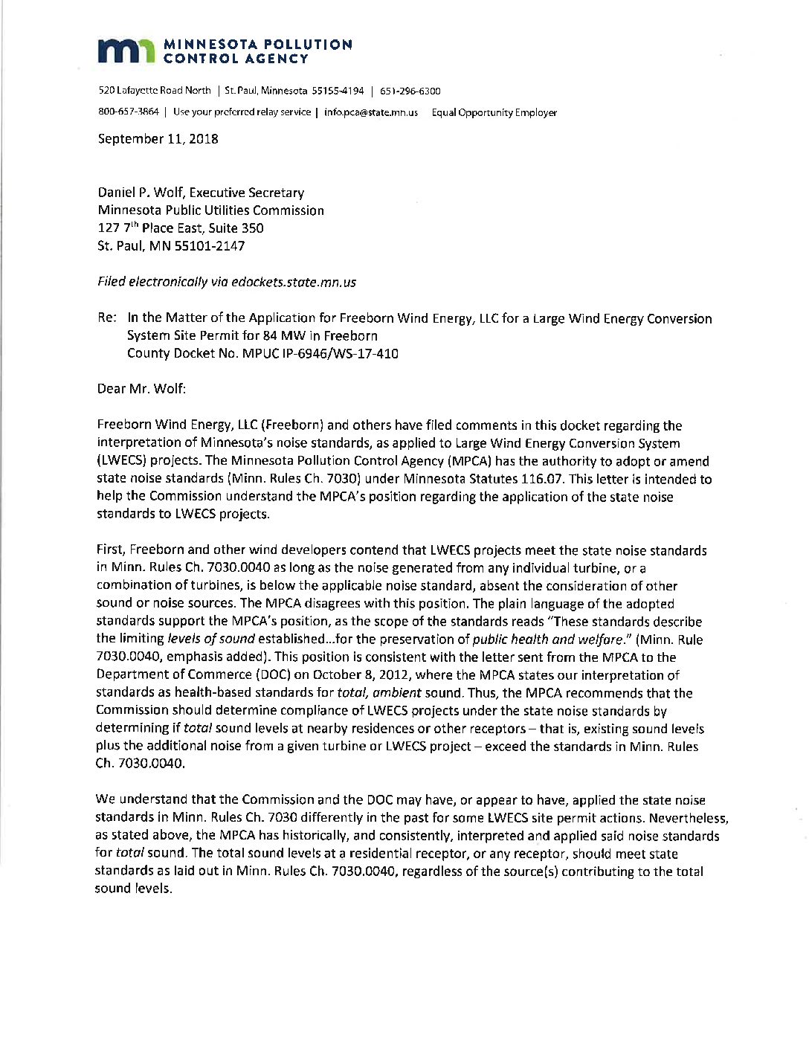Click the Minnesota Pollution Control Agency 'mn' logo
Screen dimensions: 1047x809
127,51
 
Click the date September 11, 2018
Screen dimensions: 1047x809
158,139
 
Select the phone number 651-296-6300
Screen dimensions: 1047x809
410,91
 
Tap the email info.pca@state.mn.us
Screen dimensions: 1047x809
371,113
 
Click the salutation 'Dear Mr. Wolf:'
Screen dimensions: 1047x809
141,389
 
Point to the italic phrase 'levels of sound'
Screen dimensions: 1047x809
211,640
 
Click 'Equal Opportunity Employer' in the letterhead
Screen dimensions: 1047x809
494,113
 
